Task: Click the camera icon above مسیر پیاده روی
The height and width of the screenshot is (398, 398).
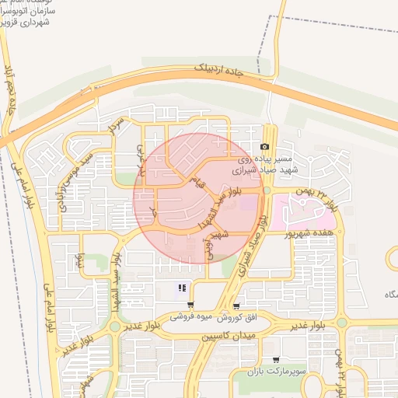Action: (265, 147)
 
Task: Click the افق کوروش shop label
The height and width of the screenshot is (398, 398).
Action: (232, 319)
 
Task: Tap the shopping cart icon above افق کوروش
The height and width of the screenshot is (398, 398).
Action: (236, 305)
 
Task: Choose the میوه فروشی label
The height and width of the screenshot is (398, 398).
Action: (190, 319)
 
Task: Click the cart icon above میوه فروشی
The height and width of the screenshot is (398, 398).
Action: (190, 305)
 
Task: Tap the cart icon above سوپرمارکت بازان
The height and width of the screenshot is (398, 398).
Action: (276, 360)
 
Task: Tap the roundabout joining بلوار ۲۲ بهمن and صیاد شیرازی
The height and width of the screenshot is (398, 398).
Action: (267, 190)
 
